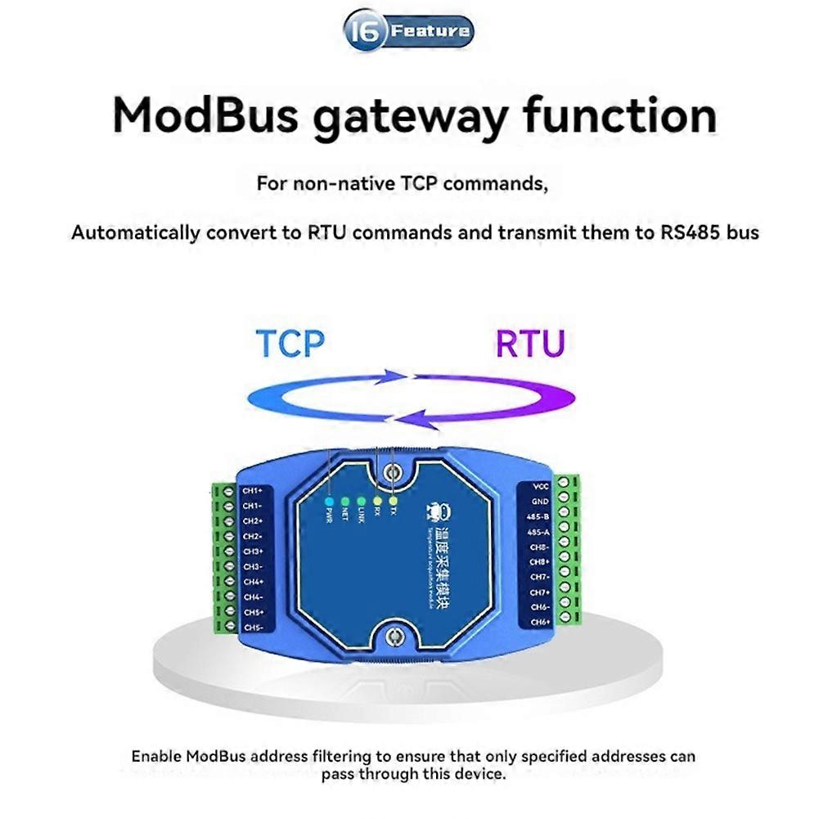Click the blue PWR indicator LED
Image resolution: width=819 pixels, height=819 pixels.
point(329,501)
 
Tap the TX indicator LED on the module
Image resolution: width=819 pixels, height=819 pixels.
point(394,501)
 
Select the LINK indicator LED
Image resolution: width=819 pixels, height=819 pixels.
point(361,501)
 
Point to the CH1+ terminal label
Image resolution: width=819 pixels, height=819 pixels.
point(253,491)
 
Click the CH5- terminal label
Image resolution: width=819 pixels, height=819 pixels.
point(253,628)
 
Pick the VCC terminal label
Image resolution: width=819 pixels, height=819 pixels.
point(540,485)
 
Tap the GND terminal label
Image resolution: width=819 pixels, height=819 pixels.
point(540,501)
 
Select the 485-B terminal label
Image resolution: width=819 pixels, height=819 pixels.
point(538,516)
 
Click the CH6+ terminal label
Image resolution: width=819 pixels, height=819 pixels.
point(539,623)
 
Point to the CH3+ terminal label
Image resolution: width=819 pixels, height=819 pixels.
point(253,551)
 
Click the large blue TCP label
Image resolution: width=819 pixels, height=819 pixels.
point(290,344)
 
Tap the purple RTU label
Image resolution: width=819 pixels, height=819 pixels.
point(530,344)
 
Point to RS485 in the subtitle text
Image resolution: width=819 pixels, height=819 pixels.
point(691,232)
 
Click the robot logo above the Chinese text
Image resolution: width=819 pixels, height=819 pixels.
point(435,512)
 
